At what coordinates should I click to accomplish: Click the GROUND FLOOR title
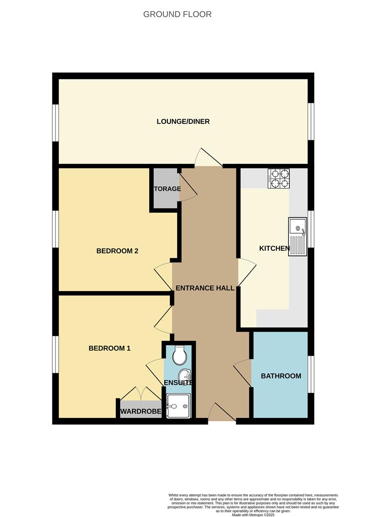pos(177,14)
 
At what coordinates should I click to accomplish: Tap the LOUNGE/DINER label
pos(183,122)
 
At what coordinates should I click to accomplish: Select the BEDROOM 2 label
pos(117,251)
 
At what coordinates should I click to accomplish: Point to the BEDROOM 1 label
pos(110,348)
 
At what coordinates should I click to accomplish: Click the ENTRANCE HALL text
pos(205,288)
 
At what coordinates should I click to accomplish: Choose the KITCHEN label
pos(274,248)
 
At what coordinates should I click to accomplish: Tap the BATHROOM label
pos(281,376)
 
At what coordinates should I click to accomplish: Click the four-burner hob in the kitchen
pos(279,178)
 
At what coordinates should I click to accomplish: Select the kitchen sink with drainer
pos(297,236)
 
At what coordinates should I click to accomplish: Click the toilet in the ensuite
pos(180,355)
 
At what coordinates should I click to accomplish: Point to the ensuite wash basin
pos(184,375)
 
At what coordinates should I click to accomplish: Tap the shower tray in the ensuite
pos(178,406)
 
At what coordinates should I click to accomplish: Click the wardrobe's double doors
pos(141,393)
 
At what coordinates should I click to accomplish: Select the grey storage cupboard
pos(165,189)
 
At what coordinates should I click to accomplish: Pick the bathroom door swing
pos(243,373)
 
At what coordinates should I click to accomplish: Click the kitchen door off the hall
pos(246,273)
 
